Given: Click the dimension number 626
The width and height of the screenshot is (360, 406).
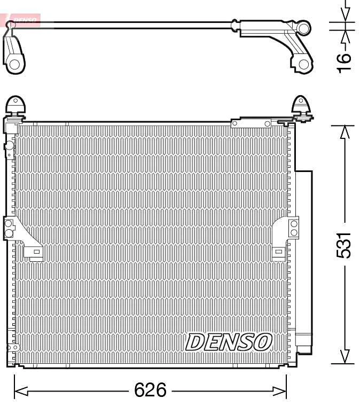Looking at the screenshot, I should [150, 391].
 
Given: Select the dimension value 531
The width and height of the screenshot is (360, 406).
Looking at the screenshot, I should [346, 245].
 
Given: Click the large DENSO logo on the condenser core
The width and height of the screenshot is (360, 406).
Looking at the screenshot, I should [229, 342].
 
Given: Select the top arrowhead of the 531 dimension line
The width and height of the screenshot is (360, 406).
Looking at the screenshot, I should [346, 131].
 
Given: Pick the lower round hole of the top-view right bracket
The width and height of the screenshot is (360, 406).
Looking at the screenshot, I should [303, 65].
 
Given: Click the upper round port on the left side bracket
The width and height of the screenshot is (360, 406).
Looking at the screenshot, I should [9, 224].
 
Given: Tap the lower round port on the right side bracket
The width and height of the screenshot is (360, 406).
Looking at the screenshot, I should [294, 231].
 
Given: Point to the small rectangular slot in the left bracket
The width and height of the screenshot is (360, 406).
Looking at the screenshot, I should [36, 252].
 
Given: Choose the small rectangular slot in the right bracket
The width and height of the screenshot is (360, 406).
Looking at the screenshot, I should [278, 252].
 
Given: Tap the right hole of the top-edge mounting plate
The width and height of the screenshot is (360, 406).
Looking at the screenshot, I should [268, 124].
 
